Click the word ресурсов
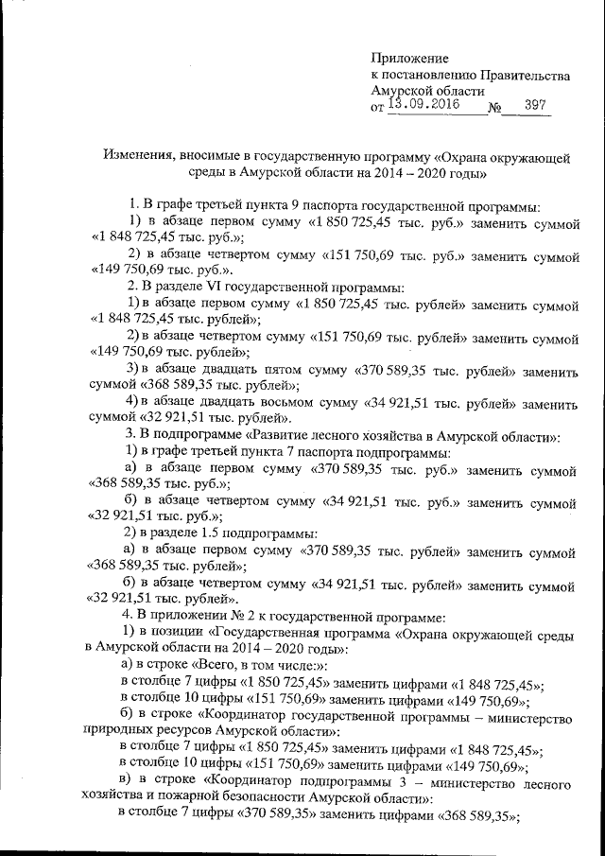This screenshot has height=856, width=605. [x=187, y=731]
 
